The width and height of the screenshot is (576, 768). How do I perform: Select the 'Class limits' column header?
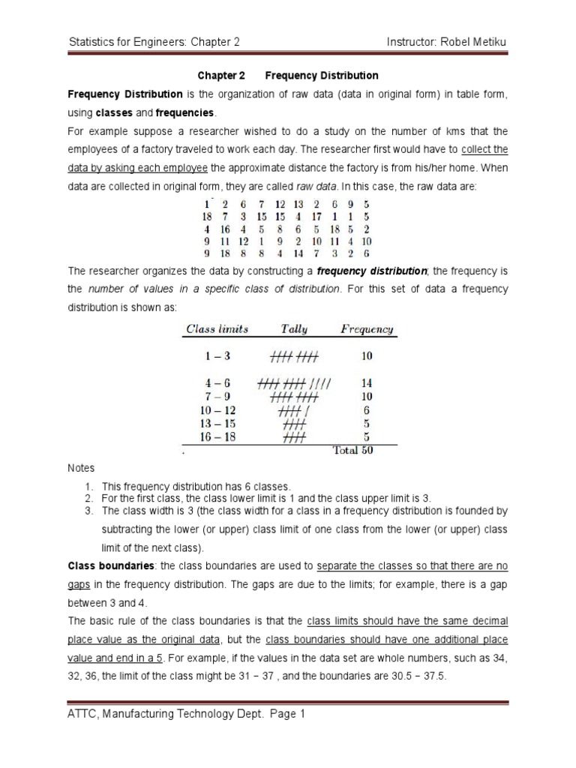point(217,328)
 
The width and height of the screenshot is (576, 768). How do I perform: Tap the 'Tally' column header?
point(293,328)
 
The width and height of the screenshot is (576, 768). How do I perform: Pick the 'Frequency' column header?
point(367,328)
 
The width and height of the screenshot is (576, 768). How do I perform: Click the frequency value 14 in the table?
point(367,382)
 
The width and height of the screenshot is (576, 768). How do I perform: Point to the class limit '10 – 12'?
point(220,410)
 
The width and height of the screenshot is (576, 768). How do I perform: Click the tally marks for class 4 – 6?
point(294,382)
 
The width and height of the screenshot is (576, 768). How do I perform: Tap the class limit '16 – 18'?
point(220,437)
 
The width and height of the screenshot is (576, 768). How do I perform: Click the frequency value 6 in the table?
point(367,410)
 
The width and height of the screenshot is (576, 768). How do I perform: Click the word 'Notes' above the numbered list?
point(81,469)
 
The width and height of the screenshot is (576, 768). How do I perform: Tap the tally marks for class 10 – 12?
point(293,410)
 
